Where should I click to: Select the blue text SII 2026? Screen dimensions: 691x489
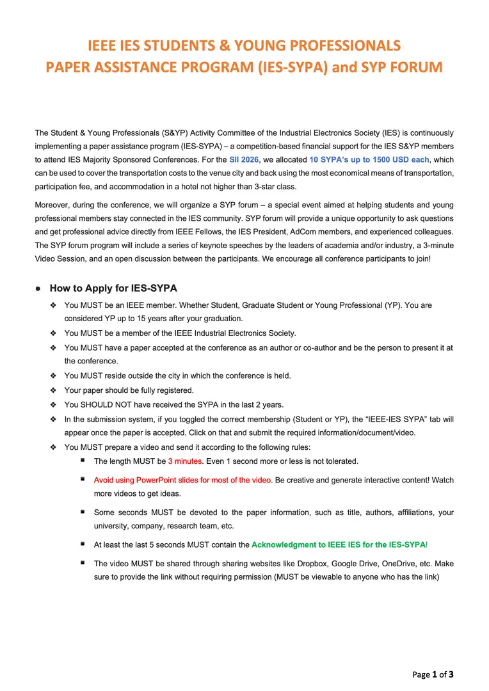point(243,160)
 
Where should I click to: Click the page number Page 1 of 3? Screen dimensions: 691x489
point(433,674)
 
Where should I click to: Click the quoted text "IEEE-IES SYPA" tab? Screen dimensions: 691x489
point(406,419)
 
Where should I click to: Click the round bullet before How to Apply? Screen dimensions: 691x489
point(38,289)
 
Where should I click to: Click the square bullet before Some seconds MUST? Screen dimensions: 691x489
point(83,512)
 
